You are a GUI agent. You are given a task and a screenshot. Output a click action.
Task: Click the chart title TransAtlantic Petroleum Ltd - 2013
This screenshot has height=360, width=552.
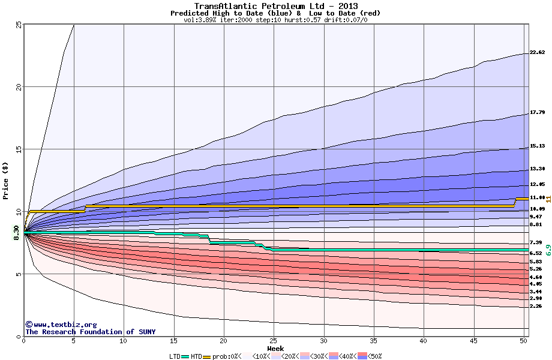tap(275, 6)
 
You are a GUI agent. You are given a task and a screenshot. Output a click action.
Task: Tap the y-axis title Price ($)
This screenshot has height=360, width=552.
tap(6, 180)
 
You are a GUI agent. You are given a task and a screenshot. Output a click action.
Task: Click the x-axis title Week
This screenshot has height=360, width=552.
tap(275, 348)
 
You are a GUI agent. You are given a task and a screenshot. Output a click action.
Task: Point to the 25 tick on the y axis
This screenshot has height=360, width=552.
tap(18, 25)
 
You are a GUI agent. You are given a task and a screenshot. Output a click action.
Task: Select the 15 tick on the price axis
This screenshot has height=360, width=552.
tap(18, 149)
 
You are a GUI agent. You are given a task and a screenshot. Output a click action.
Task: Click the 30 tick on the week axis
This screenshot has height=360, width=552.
tap(324, 341)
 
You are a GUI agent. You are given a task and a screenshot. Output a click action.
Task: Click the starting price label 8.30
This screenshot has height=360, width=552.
tap(17, 232)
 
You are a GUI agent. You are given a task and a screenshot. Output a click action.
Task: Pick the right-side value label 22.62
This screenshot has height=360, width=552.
tap(537, 53)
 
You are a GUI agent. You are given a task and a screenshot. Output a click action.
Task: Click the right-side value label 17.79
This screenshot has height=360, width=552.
tap(537, 113)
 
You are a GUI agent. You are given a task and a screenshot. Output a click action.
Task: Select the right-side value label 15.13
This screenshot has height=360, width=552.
tap(537, 146)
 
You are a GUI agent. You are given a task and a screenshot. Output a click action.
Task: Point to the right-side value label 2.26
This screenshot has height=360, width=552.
tap(536, 306)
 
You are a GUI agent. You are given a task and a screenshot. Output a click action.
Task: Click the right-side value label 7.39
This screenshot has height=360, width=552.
tap(536, 242)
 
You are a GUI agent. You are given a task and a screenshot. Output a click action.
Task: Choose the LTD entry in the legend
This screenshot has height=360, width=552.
tap(175, 356)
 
